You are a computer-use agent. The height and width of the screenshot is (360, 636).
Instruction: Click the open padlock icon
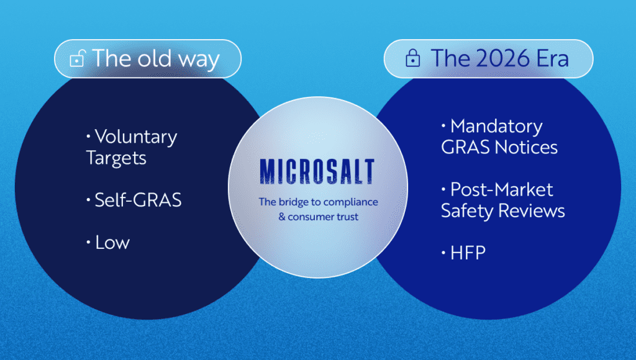(x=77, y=58)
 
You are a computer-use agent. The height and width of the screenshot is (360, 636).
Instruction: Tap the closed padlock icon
(x=412, y=58)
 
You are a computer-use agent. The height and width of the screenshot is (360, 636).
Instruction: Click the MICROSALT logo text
(x=317, y=171)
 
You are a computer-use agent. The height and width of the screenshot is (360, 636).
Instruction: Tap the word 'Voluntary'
(x=136, y=137)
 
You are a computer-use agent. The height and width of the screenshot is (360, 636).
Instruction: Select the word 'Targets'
(x=116, y=158)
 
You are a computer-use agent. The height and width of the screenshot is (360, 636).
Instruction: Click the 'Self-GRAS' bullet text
(x=138, y=200)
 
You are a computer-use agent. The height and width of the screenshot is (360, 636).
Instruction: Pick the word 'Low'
(x=112, y=243)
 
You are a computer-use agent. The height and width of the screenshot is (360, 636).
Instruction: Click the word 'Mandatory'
(x=496, y=127)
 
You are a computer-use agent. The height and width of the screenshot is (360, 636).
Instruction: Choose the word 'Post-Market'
(x=502, y=190)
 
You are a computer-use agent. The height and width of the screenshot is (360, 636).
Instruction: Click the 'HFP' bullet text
(x=468, y=253)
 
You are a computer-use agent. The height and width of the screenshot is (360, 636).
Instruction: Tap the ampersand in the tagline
(x=282, y=217)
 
